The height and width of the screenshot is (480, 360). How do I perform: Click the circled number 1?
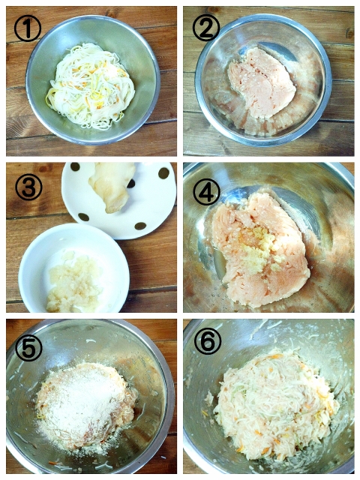[28, 28]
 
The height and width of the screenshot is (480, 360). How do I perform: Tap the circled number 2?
[206, 28]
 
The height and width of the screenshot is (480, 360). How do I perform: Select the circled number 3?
[28, 187]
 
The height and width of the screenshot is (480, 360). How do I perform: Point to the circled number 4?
[206, 192]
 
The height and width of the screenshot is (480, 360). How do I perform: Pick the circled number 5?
[28, 348]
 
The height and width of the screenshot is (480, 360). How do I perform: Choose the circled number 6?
[207, 341]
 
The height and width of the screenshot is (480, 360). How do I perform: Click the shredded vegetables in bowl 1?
[90, 85]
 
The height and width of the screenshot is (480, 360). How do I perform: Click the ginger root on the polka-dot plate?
[112, 187]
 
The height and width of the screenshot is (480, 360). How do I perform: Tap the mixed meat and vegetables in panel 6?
[275, 404]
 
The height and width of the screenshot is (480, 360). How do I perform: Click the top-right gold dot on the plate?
[163, 173]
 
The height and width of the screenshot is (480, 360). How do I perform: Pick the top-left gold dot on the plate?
[75, 166]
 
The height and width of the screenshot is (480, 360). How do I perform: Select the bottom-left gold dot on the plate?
[84, 217]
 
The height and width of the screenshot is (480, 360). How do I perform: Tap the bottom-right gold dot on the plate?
[140, 226]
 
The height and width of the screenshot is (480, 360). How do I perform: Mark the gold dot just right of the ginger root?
[131, 183]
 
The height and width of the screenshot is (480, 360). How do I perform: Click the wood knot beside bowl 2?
[350, 33]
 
